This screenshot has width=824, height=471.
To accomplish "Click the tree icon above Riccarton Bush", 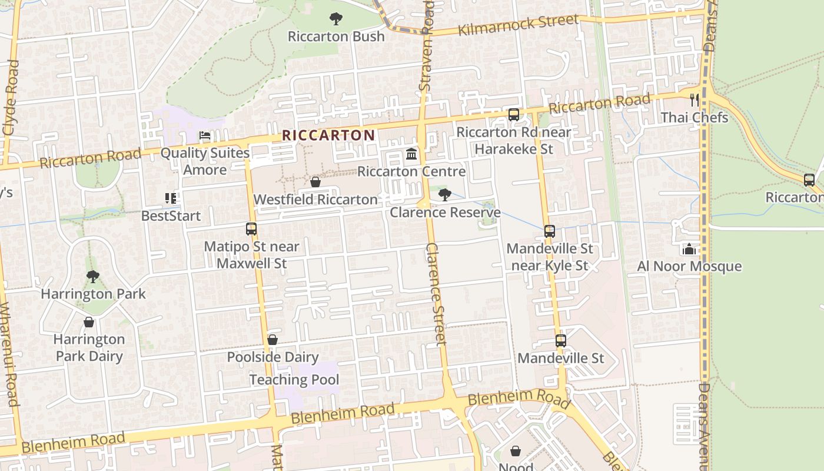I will coord(336,19).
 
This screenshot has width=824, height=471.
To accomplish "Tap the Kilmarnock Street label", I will coord(518,25).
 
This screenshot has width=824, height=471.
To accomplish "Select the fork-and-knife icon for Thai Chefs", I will coord(695,99).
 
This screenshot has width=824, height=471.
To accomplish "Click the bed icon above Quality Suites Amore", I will coord(205,135).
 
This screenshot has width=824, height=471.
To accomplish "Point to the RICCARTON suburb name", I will coord(328,135).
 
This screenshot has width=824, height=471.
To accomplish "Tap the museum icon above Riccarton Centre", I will coord(411,154).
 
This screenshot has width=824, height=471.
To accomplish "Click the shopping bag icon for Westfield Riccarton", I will coord(315,182).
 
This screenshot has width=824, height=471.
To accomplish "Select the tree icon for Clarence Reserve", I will coord(445,194).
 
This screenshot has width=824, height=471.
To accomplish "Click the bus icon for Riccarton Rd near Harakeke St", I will coord(514,114).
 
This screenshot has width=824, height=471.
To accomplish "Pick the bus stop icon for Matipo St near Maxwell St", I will coord(251,228).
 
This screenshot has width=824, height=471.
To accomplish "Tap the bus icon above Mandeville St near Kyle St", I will coord(550,231).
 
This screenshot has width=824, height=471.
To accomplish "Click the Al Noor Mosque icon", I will coord(689,248).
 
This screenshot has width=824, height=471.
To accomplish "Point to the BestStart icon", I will coord(171,198).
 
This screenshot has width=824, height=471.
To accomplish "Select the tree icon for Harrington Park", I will coord(92,276).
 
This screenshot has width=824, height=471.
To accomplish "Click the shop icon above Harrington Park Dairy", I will coord(89,322).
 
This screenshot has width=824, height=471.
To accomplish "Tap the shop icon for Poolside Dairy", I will coord(272,340).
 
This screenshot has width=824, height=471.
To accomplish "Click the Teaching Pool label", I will coord(294,380).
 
